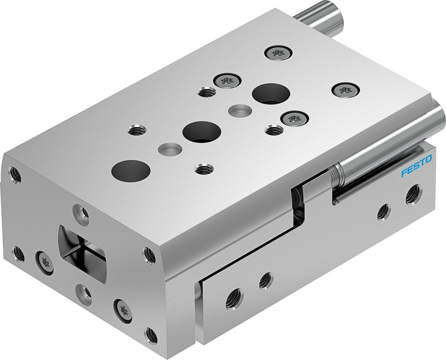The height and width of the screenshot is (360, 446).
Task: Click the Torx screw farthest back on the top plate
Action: [x=276, y=53]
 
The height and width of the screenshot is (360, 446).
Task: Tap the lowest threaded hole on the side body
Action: [x=234, y=299]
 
